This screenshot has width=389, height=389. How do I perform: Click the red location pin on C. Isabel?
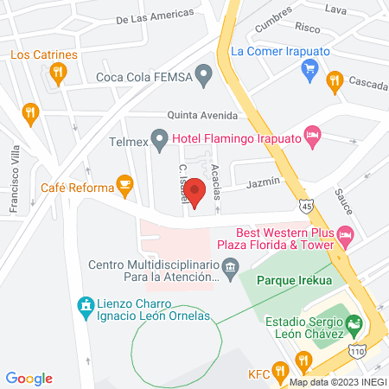[194, 192]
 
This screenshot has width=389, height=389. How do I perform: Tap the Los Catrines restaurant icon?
[59, 73]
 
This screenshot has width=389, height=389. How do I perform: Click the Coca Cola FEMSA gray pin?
[204, 76]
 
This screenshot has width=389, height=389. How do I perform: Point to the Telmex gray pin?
[159, 137]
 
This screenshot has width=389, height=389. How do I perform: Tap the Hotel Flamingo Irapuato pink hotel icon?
[313, 136]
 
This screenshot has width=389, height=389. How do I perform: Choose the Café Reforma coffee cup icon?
[125, 183]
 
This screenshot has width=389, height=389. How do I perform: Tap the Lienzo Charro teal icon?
[85, 306]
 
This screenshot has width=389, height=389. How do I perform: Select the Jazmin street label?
[263, 182]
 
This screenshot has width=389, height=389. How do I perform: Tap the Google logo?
[29, 378]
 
